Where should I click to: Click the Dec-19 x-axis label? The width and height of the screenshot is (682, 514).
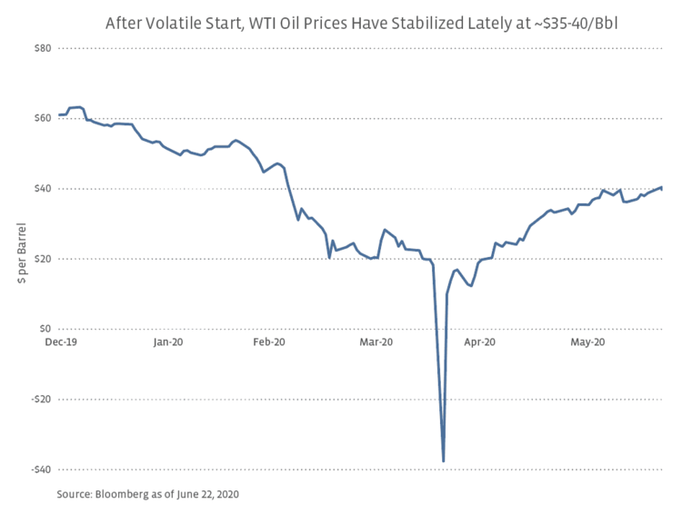click(x=61, y=342)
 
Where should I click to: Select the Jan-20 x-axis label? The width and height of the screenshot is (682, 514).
click(x=169, y=342)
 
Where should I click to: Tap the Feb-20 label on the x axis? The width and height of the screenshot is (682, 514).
click(x=269, y=342)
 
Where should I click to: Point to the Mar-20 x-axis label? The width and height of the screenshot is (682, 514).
click(x=376, y=342)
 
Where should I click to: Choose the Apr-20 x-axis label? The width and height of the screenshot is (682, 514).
click(x=479, y=342)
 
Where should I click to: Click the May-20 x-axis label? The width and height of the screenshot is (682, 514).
click(x=587, y=342)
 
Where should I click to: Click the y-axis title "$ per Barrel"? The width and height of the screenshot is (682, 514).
click(x=20, y=257)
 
